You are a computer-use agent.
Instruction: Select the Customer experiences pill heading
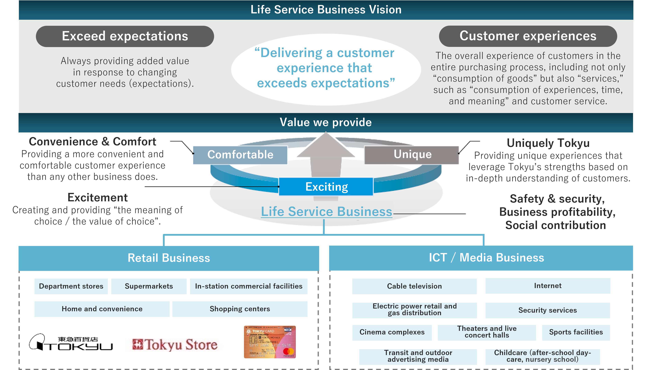tap(528, 36)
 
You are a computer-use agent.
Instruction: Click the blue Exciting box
tap(326, 187)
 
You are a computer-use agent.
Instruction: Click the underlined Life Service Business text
tap(326, 212)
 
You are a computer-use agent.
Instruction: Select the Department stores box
tap(71, 286)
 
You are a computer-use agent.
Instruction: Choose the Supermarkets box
tap(149, 286)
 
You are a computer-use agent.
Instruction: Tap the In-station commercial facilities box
tap(249, 286)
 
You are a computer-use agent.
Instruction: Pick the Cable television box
tap(414, 286)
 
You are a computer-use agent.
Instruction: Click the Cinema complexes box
tap(392, 332)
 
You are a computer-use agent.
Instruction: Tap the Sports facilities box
tap(576, 332)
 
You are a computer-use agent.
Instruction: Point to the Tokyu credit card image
tap(270, 342)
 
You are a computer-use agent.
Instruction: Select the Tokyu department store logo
tap(71, 343)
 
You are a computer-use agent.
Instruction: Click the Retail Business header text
tap(169, 258)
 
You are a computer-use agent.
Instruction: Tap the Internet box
tap(548, 286)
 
